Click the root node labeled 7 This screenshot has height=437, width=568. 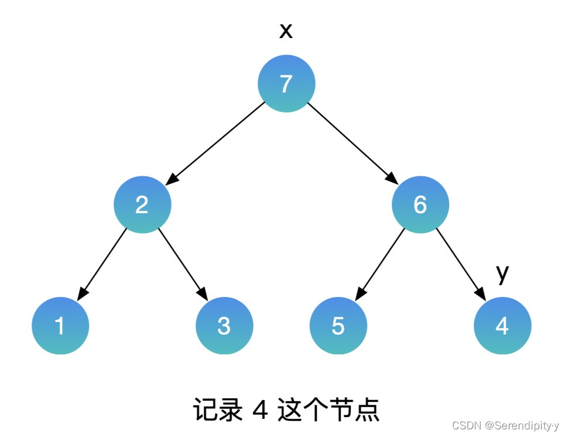286,84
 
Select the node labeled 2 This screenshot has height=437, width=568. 142,204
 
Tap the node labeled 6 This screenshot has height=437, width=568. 420,204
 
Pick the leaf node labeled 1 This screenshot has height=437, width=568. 60,326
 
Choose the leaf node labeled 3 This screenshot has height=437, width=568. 224,326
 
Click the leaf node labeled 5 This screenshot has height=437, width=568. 338,326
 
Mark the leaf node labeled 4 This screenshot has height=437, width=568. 502,326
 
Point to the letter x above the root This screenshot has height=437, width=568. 286,31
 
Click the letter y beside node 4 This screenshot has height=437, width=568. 502,273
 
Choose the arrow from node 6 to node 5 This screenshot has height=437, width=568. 380,264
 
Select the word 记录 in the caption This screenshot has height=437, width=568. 217,411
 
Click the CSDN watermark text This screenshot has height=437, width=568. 505,426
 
